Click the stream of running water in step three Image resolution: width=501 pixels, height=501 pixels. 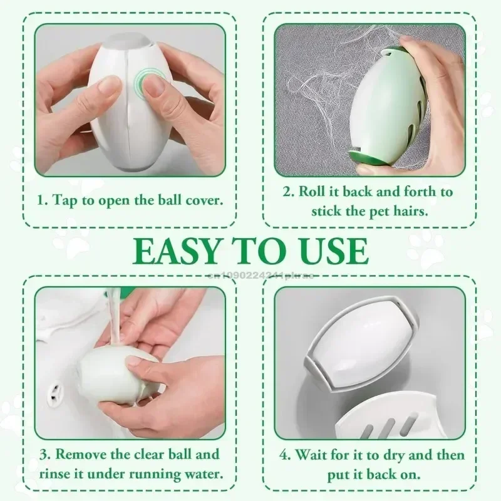tap(113, 310)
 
